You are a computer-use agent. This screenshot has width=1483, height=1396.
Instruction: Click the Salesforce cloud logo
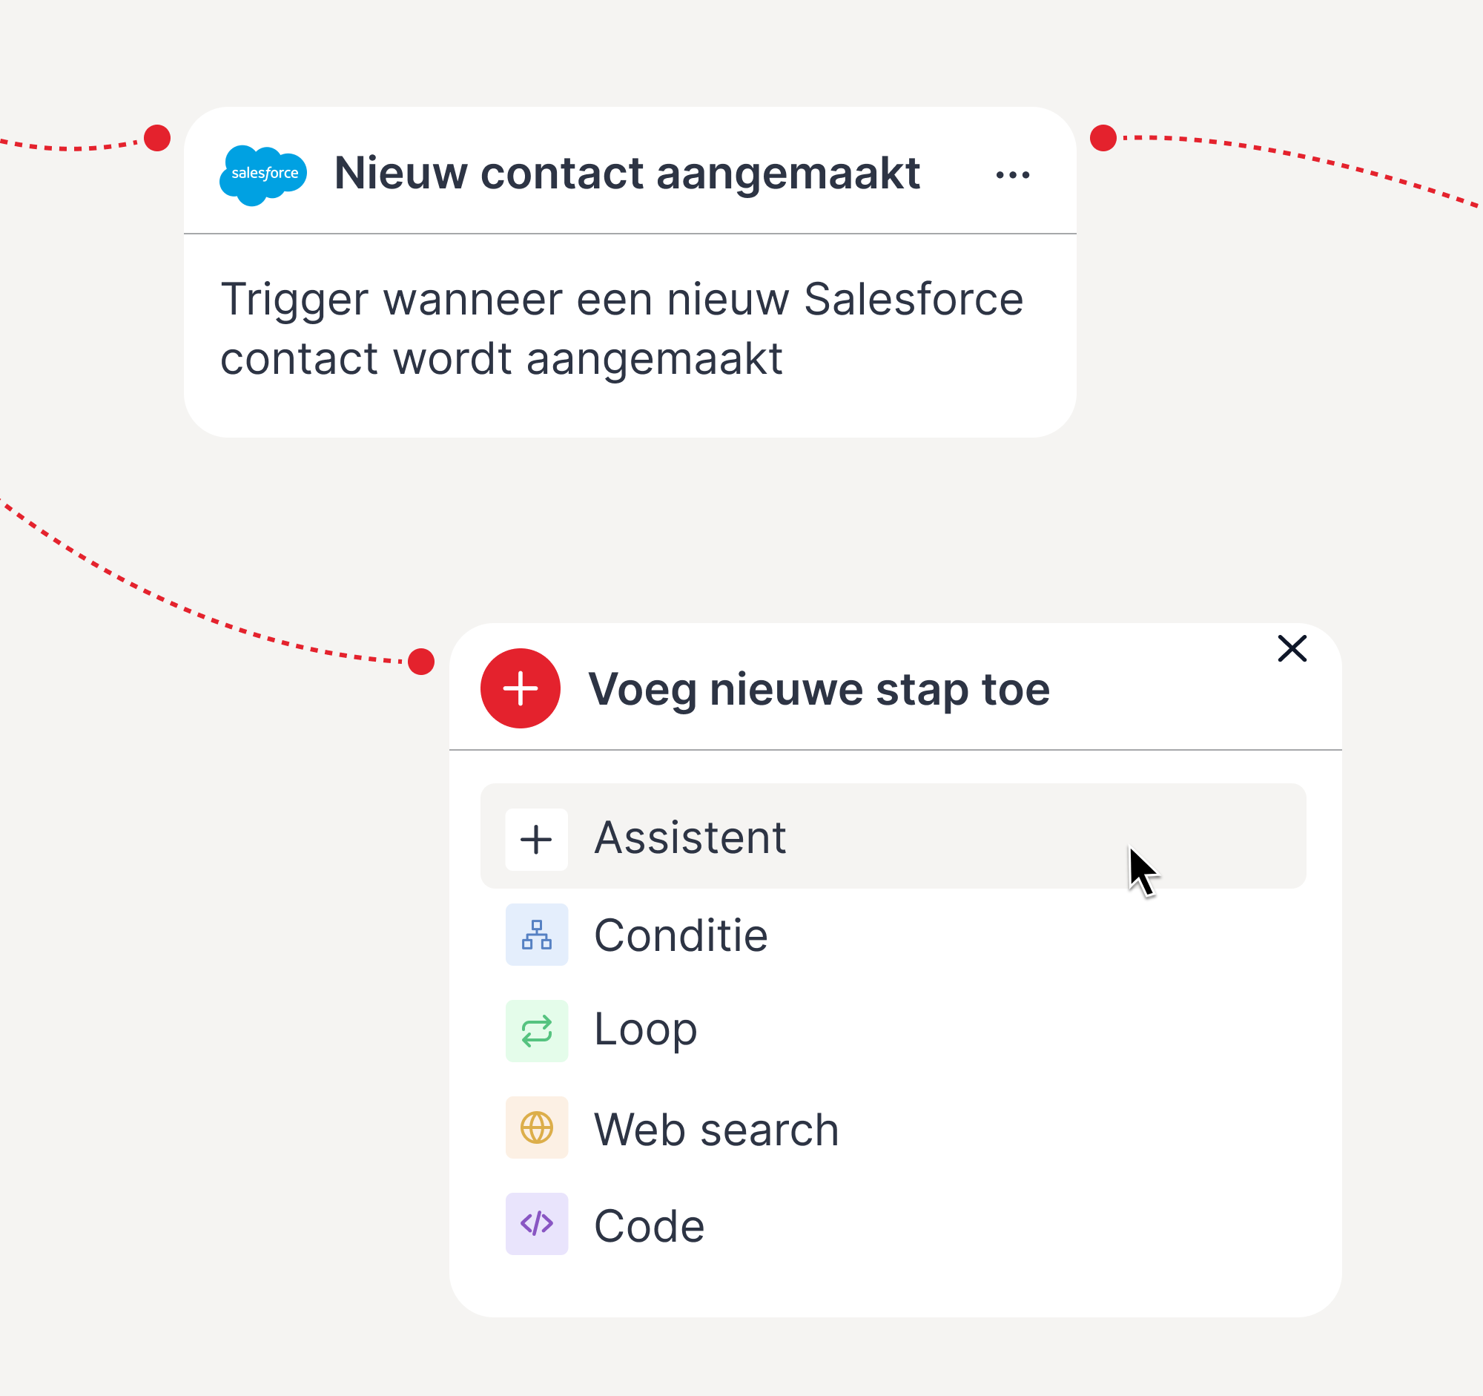(x=262, y=174)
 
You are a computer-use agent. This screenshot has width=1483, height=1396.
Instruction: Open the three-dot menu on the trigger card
(x=1012, y=175)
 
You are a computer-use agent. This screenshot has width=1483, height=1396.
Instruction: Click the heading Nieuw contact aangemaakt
(x=627, y=174)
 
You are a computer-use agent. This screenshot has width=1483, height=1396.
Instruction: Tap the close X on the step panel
(x=1292, y=649)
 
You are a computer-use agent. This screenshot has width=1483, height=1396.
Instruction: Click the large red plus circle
(x=520, y=688)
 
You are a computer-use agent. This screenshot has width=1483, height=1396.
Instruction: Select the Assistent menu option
(x=690, y=837)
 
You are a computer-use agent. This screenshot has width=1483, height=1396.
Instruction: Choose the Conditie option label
(x=681, y=935)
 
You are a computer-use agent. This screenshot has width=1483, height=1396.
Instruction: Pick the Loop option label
(x=645, y=1030)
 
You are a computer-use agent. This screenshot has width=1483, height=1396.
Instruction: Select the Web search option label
(x=716, y=1129)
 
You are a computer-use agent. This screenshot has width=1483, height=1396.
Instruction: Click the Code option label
(x=649, y=1226)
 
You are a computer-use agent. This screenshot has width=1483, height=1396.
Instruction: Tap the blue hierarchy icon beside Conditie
(x=536, y=935)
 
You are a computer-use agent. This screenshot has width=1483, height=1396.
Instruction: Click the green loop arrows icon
(x=536, y=1031)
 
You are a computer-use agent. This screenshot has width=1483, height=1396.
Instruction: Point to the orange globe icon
(x=536, y=1127)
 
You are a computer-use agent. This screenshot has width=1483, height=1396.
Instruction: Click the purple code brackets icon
(x=536, y=1224)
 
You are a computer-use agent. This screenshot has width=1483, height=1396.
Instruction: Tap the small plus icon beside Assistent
(x=536, y=840)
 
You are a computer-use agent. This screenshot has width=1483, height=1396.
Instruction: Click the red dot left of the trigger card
(x=157, y=138)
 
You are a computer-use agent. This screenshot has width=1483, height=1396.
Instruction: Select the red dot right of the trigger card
(x=1103, y=138)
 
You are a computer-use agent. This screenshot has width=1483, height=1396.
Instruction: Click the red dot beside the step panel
(x=421, y=661)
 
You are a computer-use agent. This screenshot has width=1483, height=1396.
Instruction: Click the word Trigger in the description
(x=294, y=300)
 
